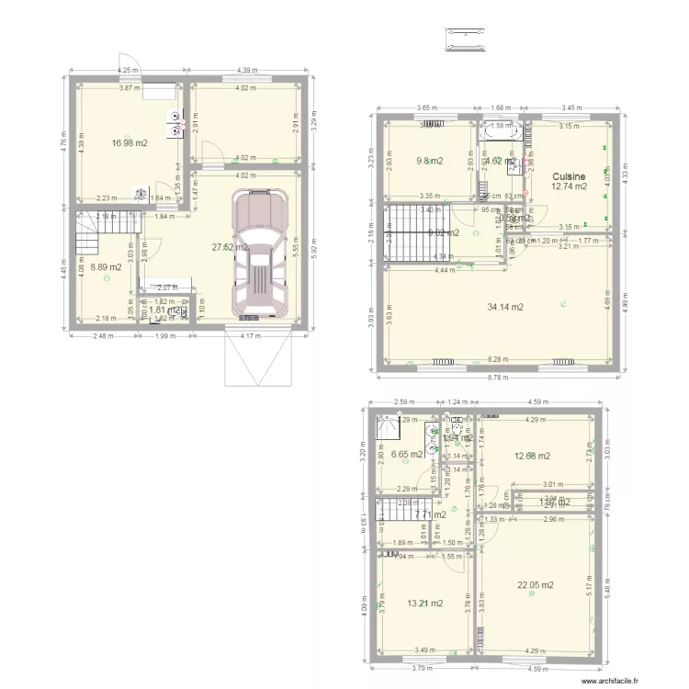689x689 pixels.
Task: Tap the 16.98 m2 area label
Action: click(130, 142)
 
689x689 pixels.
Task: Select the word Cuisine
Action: click(569, 175)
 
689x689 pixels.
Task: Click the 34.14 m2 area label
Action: click(504, 307)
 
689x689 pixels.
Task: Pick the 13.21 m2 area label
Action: click(425, 604)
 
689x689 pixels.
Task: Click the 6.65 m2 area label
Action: click(406, 454)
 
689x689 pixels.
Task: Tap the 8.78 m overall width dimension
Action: click(499, 378)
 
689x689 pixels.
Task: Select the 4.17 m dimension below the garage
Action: click(261, 335)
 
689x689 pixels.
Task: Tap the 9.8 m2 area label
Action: click(429, 161)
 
